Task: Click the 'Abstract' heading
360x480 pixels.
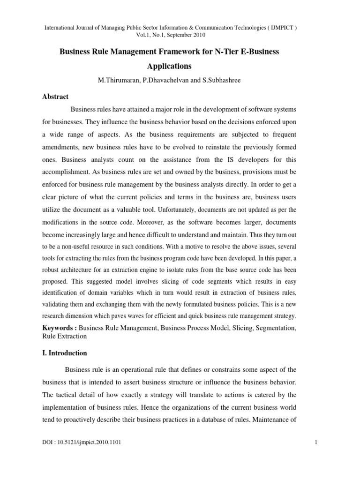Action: pos(56,97)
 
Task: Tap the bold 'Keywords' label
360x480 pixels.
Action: pos(60,328)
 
